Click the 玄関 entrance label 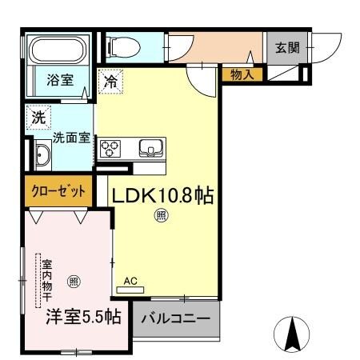tap(288, 48)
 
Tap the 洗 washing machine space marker tap(37, 117)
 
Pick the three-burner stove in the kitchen tap(110, 149)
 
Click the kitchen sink tap(150, 148)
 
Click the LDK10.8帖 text tap(162, 196)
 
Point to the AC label tap(131, 281)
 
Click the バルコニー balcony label tap(176, 318)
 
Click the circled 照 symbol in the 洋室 tap(74, 281)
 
